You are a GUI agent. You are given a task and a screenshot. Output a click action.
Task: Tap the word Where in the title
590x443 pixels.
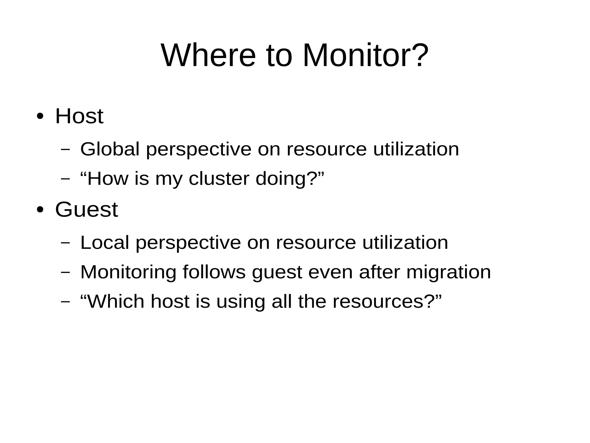(x=208, y=55)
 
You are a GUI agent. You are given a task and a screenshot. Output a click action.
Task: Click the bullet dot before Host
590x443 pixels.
(x=40, y=116)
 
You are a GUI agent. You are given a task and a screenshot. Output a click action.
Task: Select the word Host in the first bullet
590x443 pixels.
(x=79, y=116)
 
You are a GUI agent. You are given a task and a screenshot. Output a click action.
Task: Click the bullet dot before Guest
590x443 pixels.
(x=40, y=210)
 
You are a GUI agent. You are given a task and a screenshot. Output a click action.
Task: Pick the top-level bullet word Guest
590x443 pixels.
(x=86, y=210)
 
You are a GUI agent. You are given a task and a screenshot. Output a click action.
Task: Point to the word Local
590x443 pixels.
(x=105, y=242)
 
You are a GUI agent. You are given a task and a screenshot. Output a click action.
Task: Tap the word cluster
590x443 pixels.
(x=219, y=179)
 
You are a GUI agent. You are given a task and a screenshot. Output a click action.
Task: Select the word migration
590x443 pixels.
(x=449, y=272)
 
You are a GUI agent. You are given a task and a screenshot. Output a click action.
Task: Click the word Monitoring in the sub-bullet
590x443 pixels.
(x=128, y=272)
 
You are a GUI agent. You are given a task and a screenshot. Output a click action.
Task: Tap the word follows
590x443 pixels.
(x=214, y=272)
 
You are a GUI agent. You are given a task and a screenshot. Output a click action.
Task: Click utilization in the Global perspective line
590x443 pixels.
(x=416, y=149)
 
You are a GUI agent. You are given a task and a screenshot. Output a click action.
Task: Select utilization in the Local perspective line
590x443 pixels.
(x=405, y=242)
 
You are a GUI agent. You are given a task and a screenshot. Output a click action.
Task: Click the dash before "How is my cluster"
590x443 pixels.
(x=65, y=179)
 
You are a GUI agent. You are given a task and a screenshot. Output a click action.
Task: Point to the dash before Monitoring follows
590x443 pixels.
(x=65, y=272)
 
